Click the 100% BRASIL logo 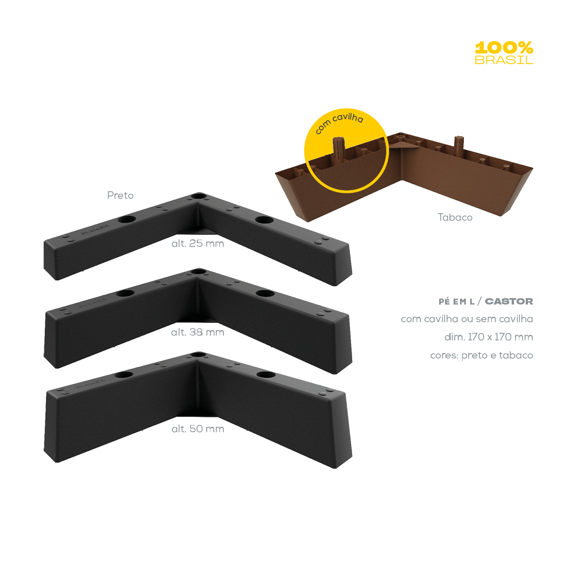pyautogui.click(x=504, y=52)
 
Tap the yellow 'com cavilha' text pyautogui.click(x=339, y=123)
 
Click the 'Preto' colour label pyautogui.click(x=120, y=196)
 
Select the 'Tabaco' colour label pyautogui.click(x=455, y=217)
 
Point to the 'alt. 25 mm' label pyautogui.click(x=197, y=244)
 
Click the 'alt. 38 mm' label pyautogui.click(x=197, y=332)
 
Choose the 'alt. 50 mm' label pyautogui.click(x=197, y=429)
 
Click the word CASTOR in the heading pyautogui.click(x=509, y=301)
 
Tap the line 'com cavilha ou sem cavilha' pyautogui.click(x=466, y=319)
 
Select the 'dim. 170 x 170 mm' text pyautogui.click(x=488, y=337)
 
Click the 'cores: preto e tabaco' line pyautogui.click(x=481, y=355)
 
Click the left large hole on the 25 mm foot pyautogui.click(x=127, y=220)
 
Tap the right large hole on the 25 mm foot pyautogui.click(x=264, y=220)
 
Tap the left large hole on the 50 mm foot pyautogui.click(x=124, y=374)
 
